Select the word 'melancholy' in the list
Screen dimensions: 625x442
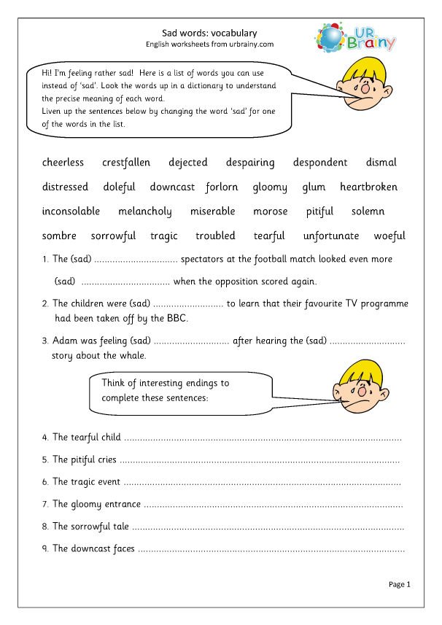click(144, 211)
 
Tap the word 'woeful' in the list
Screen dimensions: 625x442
click(389, 236)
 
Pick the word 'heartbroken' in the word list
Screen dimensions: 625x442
click(368, 187)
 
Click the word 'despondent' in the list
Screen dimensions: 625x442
click(320, 163)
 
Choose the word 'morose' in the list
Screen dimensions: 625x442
click(271, 211)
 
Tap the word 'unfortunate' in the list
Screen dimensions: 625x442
click(331, 236)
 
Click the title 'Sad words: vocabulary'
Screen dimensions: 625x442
click(209, 33)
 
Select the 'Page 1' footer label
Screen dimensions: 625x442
click(400, 584)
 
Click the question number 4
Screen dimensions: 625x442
click(45, 438)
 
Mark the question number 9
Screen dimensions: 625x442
click(45, 548)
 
